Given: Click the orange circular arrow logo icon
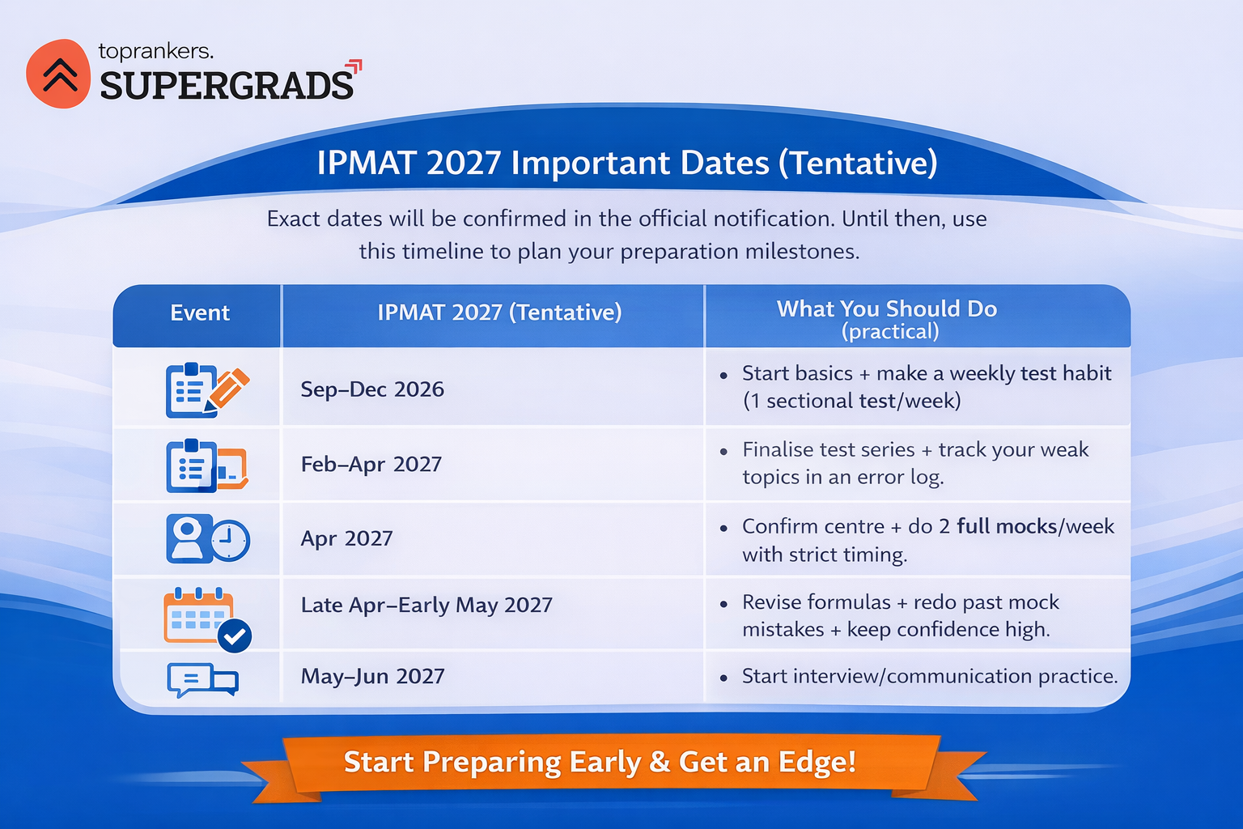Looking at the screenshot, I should pyautogui.click(x=58, y=74).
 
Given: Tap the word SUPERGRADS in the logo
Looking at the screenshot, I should pyautogui.click(x=227, y=86).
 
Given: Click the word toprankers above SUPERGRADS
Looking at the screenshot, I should pyautogui.click(x=155, y=51).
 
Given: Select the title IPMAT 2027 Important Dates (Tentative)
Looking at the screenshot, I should pyautogui.click(x=627, y=163).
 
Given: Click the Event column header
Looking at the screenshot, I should pyautogui.click(x=199, y=313).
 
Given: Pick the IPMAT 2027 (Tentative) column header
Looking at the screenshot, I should pyautogui.click(x=499, y=312).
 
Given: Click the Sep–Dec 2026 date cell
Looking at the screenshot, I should pyautogui.click(x=372, y=389).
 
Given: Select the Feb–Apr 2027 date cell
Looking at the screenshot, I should pyautogui.click(x=371, y=464).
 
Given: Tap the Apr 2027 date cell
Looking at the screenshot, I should pyautogui.click(x=346, y=538).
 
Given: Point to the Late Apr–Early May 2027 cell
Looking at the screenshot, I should pyautogui.click(x=426, y=605).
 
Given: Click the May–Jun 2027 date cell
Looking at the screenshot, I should pyautogui.click(x=372, y=676).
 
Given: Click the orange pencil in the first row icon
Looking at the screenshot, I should pyautogui.click(x=229, y=388).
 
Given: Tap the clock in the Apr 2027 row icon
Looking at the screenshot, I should pyautogui.click(x=231, y=539).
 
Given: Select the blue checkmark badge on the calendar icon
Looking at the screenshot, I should pyautogui.click(x=235, y=636).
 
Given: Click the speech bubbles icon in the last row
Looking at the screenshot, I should pyautogui.click(x=202, y=680).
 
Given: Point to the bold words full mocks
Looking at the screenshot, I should pyautogui.click(x=1007, y=526).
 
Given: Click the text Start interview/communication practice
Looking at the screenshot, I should pyautogui.click(x=929, y=676).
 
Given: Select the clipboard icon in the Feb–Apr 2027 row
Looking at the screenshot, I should pyautogui.click(x=191, y=466).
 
